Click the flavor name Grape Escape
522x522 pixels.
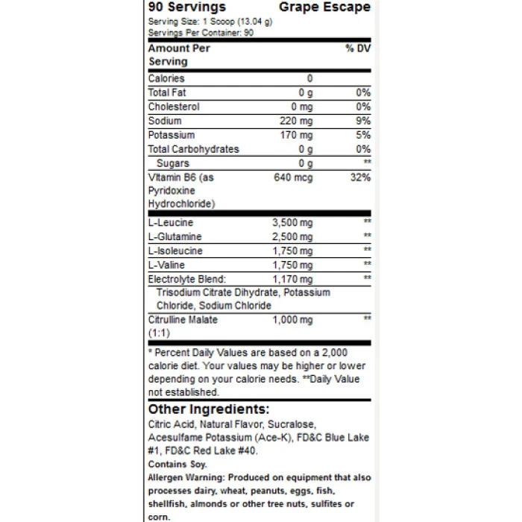click(x=324, y=7)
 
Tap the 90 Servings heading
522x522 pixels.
click(x=187, y=7)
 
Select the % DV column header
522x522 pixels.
click(x=358, y=48)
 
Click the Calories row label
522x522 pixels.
click(x=166, y=78)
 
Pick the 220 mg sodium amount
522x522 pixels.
click(x=296, y=121)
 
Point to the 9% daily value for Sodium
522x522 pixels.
click(x=363, y=121)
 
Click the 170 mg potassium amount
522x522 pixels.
click(x=296, y=135)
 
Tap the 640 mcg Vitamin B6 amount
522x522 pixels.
click(x=293, y=177)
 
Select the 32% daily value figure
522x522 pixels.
click(x=361, y=177)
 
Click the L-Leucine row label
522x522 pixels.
click(x=171, y=222)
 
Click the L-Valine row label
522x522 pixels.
click(x=167, y=265)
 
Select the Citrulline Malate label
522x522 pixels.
click(x=183, y=320)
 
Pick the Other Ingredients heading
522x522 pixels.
click(x=208, y=409)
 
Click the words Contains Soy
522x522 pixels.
click(x=173, y=463)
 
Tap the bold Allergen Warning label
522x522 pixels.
click(x=186, y=477)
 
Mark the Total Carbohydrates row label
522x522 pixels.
click(x=194, y=149)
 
